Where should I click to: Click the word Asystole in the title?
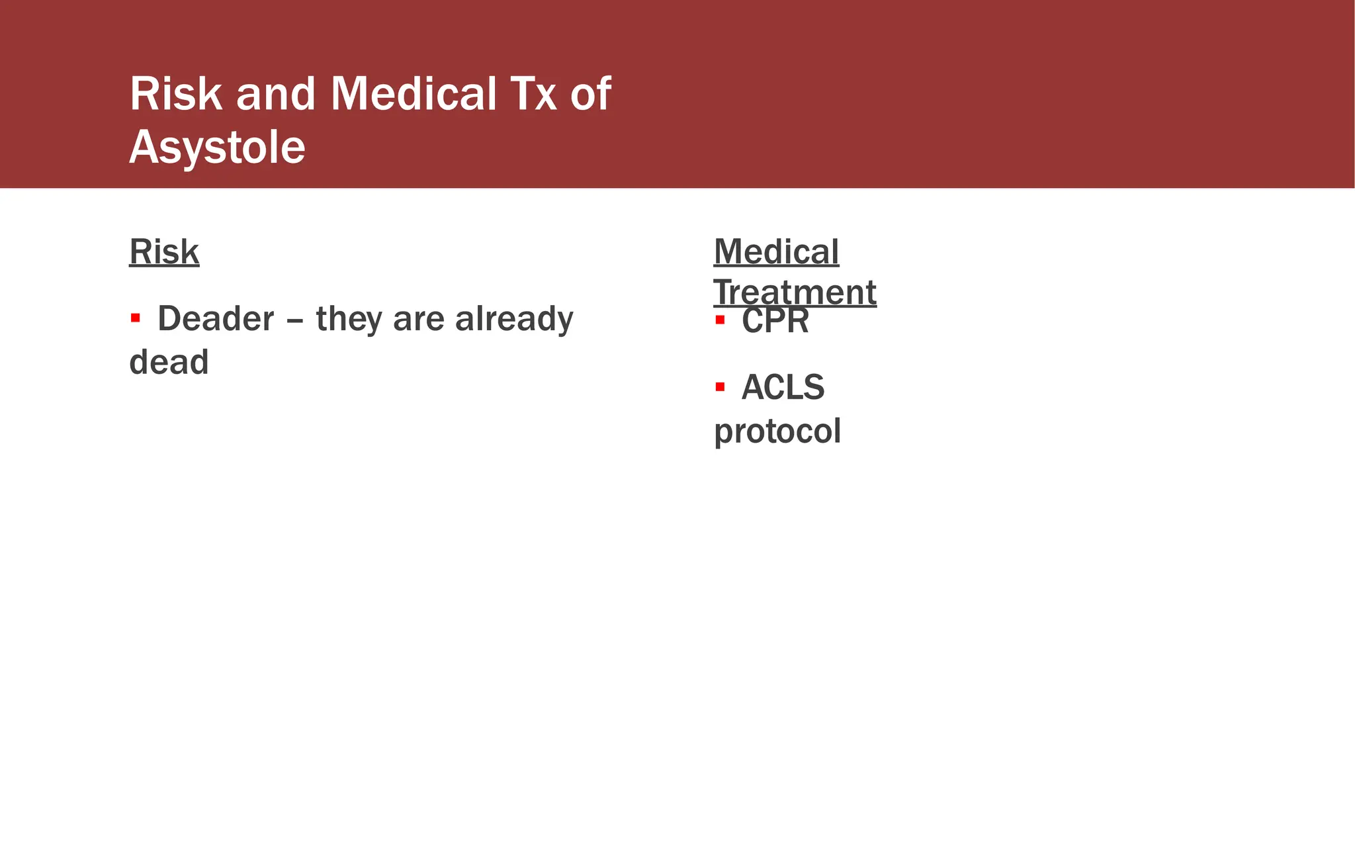[217, 147]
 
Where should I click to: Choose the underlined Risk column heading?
[164, 251]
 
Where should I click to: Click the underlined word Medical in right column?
[776, 251]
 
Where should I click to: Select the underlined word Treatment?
[795, 292]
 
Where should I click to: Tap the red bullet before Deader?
[136, 318]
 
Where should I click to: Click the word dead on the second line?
[169, 362]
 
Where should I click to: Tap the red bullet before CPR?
[721, 321]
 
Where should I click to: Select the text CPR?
[775, 322]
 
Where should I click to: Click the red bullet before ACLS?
[721, 386]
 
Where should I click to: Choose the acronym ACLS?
[783, 387]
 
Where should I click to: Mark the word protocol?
[777, 431]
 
